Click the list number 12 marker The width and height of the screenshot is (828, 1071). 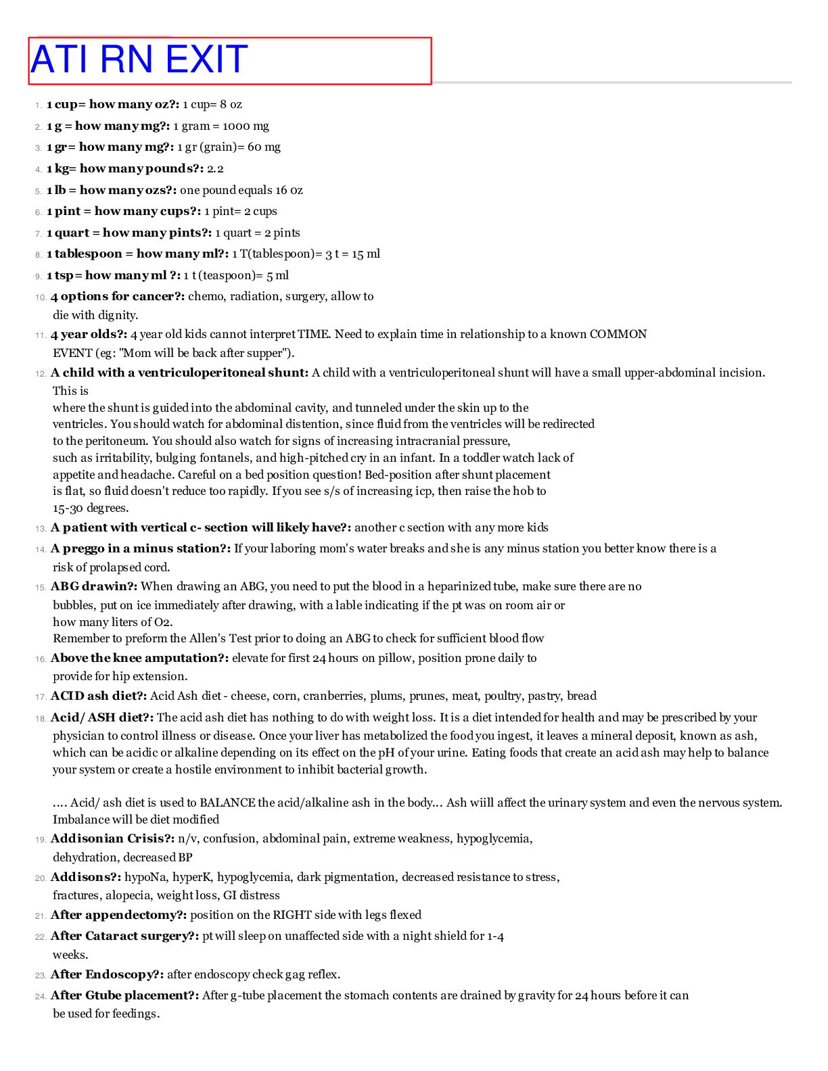pyautogui.click(x=41, y=373)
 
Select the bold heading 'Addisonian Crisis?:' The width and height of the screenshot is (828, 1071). pyautogui.click(x=112, y=839)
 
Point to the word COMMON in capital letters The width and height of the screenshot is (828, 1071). pyautogui.click(x=618, y=334)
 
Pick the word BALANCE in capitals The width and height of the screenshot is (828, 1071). pyautogui.click(x=227, y=803)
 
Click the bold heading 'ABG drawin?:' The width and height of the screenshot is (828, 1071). pyautogui.click(x=94, y=586)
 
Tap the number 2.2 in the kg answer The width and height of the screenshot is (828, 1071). pyautogui.click(x=215, y=168)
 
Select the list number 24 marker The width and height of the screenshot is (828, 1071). pyautogui.click(x=41, y=996)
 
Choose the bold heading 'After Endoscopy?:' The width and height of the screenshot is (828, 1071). pyautogui.click(x=107, y=974)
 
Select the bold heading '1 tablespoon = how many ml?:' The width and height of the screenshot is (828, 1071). pyautogui.click(x=137, y=254)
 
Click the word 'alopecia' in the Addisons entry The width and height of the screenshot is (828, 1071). pyautogui.click(x=129, y=895)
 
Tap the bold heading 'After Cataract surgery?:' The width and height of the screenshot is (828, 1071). pyautogui.click(x=124, y=936)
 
